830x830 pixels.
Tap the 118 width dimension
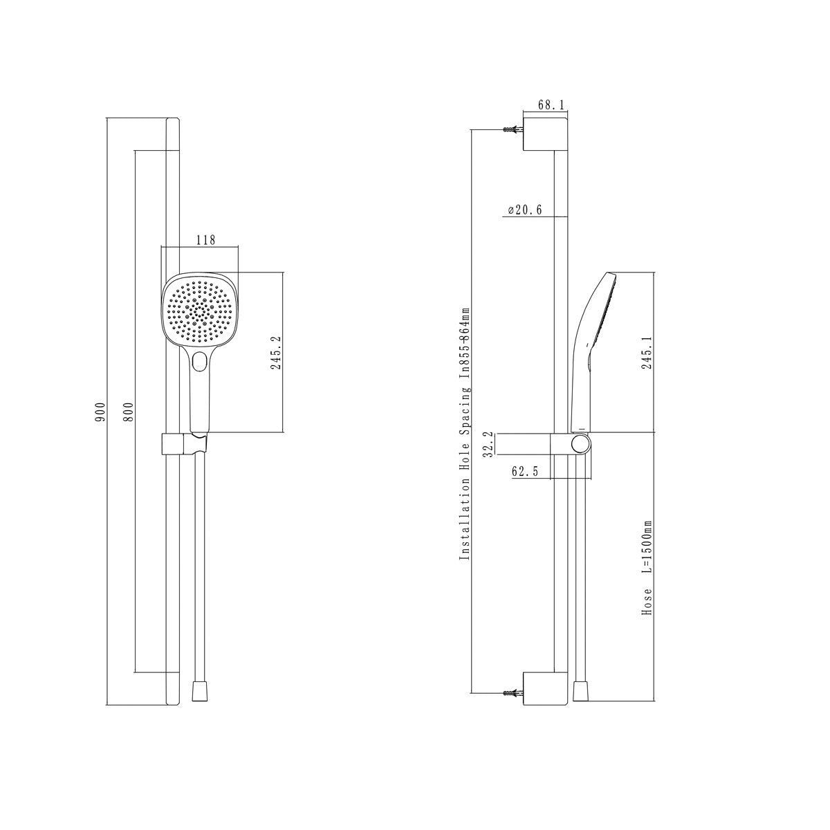click(x=206, y=240)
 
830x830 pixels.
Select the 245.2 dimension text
click(x=276, y=353)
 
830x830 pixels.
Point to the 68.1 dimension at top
click(x=551, y=104)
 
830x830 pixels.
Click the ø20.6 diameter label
click(x=524, y=210)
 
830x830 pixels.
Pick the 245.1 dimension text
click(x=647, y=353)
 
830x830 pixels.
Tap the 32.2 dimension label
click(x=488, y=444)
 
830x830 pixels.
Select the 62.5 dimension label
click(x=525, y=471)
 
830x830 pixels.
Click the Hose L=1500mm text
click(x=647, y=573)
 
